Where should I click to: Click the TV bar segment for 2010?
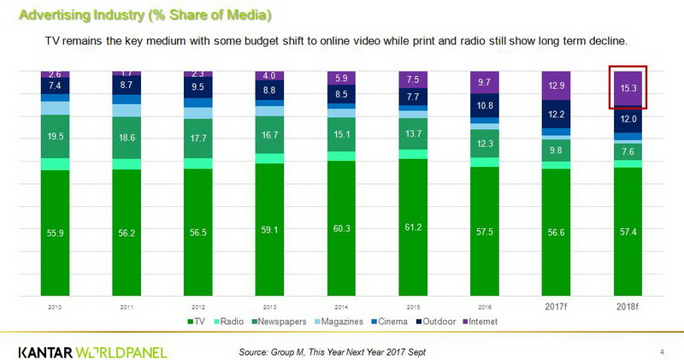[x=55, y=231]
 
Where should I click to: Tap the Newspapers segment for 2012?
[x=198, y=136]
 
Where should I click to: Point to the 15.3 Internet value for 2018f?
[x=627, y=88]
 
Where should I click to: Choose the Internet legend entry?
[x=479, y=322]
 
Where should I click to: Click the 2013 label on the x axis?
[x=270, y=307]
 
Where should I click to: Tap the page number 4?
[x=663, y=351]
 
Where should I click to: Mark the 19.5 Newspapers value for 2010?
[x=55, y=136]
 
